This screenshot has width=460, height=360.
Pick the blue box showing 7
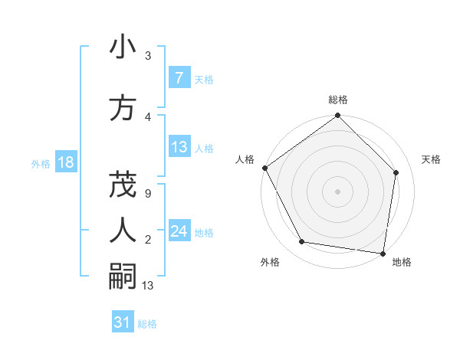tap(179, 78)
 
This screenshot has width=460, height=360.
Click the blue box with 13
tap(179, 147)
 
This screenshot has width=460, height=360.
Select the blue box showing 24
tap(179, 231)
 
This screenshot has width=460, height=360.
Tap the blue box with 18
tap(65, 162)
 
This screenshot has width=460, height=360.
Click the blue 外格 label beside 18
tap(41, 163)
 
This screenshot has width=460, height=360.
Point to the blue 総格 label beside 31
tap(147, 324)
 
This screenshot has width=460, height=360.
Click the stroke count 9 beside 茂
tap(147, 194)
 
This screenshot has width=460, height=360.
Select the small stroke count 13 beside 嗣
tap(148, 286)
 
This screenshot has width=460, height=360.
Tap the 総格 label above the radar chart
tap(338, 100)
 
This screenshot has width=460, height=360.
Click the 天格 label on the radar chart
tap(432, 159)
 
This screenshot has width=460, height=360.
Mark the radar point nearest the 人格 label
tap(265, 168)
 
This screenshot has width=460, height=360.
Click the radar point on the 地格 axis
tap(383, 253)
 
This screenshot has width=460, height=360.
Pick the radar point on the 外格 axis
tap(302, 242)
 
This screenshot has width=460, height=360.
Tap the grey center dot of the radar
tap(338, 191)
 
